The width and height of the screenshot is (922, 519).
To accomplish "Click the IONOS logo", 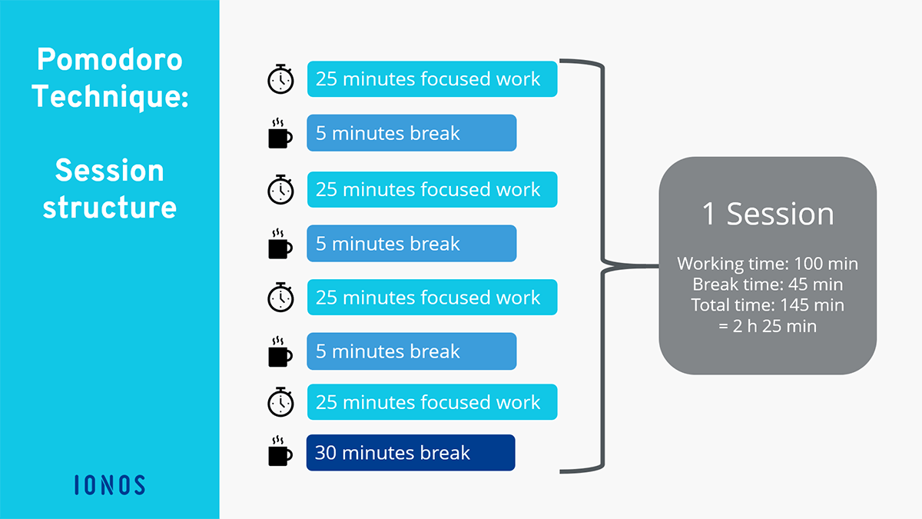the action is pos(109,485).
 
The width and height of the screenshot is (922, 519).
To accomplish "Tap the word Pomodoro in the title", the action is pos(109,60).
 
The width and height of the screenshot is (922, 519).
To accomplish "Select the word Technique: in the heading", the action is pos(110,97).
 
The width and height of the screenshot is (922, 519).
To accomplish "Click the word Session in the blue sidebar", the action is pos(109,171).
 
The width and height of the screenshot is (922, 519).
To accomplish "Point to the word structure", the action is pos(109,207).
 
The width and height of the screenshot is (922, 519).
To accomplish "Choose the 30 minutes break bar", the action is pos(411,453).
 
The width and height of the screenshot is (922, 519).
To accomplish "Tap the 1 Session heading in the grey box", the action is pos(768,214).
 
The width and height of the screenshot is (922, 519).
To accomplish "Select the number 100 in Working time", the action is pos(808,264).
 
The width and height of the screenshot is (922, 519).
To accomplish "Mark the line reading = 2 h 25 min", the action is pos(768,326).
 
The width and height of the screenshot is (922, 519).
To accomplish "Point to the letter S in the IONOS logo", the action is pos(140,485).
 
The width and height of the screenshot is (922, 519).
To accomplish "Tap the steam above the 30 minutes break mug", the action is pos(278,441).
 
